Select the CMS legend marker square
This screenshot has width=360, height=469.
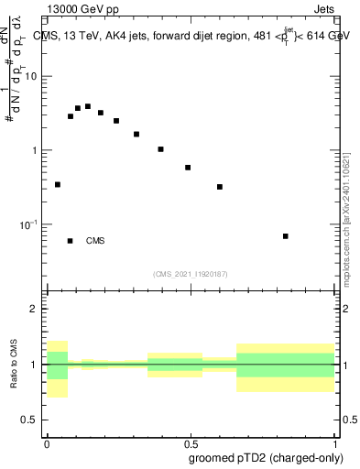(x=71, y=241)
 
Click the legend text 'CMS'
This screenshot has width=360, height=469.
(x=95, y=241)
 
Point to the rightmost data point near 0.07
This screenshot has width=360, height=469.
(x=286, y=236)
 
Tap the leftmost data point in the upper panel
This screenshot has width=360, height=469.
(x=58, y=184)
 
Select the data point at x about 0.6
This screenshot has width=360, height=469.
(x=220, y=187)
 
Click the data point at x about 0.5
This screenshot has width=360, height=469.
(x=188, y=168)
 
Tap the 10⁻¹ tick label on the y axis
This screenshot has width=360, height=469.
(x=29, y=224)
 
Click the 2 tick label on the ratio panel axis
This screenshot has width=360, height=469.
(x=34, y=309)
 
